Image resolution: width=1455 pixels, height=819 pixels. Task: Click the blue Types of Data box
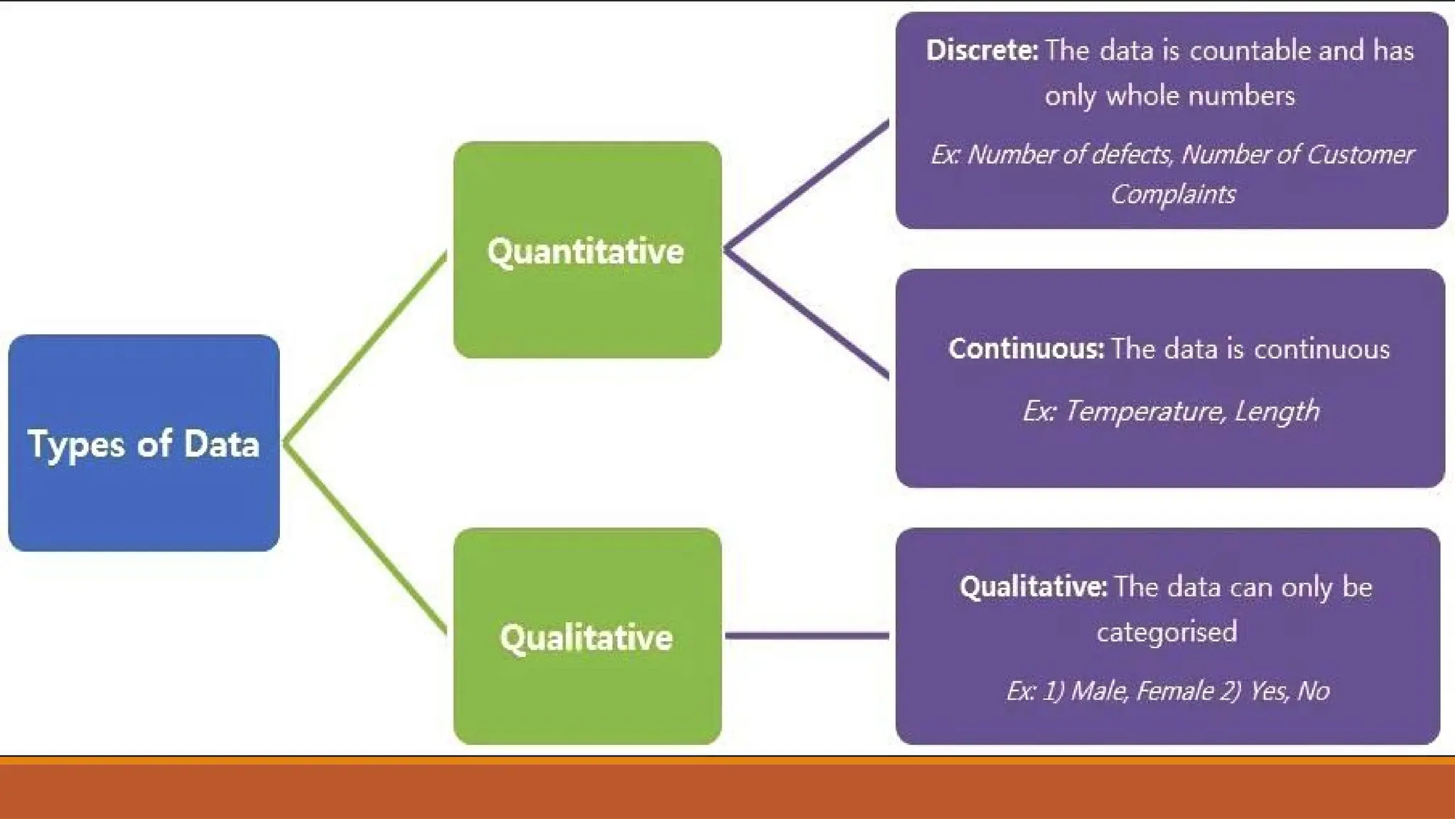point(144,443)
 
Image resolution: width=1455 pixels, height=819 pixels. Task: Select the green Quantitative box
point(587,250)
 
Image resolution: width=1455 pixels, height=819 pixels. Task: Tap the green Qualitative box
point(587,636)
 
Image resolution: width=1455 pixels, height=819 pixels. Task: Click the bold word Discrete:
point(982,50)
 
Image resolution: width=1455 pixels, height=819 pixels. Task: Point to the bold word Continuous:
point(1026,348)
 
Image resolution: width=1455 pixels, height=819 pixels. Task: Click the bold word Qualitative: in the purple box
point(1033,587)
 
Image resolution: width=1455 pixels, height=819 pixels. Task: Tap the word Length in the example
point(1277,412)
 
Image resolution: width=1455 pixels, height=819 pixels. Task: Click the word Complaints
point(1173,194)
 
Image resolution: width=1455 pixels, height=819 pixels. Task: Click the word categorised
point(1167,631)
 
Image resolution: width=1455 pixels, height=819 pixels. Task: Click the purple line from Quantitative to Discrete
point(806,186)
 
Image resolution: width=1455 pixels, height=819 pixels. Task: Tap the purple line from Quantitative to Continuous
point(806,313)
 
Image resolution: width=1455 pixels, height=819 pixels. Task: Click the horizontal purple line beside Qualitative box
point(806,635)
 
